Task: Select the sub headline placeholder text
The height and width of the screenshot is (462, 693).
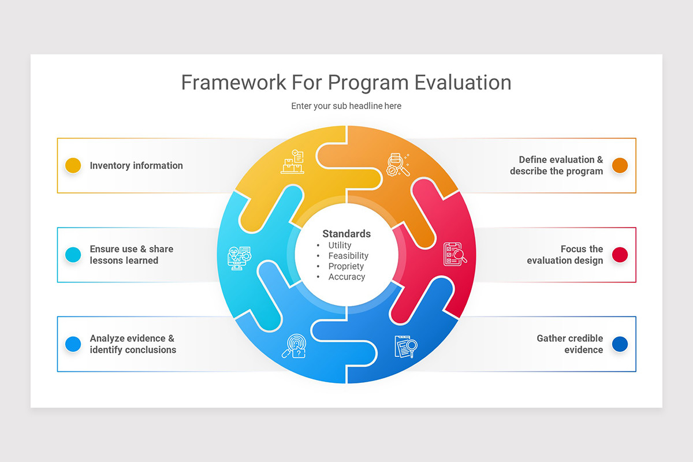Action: point(346,106)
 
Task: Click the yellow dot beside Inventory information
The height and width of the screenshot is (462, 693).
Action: point(73,166)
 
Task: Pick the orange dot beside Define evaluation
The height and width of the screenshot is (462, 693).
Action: point(620,166)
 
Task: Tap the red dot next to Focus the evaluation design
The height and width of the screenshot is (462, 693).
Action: point(620,255)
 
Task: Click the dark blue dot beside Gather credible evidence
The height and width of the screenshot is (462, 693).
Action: point(620,344)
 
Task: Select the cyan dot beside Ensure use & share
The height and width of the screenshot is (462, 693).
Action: point(73,255)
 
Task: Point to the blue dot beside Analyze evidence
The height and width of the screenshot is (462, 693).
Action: point(73,344)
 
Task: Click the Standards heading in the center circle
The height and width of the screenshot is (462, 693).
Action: point(346,234)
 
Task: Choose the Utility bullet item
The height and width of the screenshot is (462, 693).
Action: point(340,245)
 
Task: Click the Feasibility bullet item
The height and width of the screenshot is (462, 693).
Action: point(348,256)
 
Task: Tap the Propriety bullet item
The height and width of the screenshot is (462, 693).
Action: point(346,266)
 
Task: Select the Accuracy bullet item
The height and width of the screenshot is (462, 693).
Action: point(346,277)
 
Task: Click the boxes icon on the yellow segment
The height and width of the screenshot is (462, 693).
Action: point(293,162)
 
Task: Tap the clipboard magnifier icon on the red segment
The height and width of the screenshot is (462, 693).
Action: point(454,254)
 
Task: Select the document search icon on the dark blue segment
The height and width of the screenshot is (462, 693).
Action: point(405,346)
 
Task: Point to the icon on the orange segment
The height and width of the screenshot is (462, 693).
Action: point(398,164)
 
